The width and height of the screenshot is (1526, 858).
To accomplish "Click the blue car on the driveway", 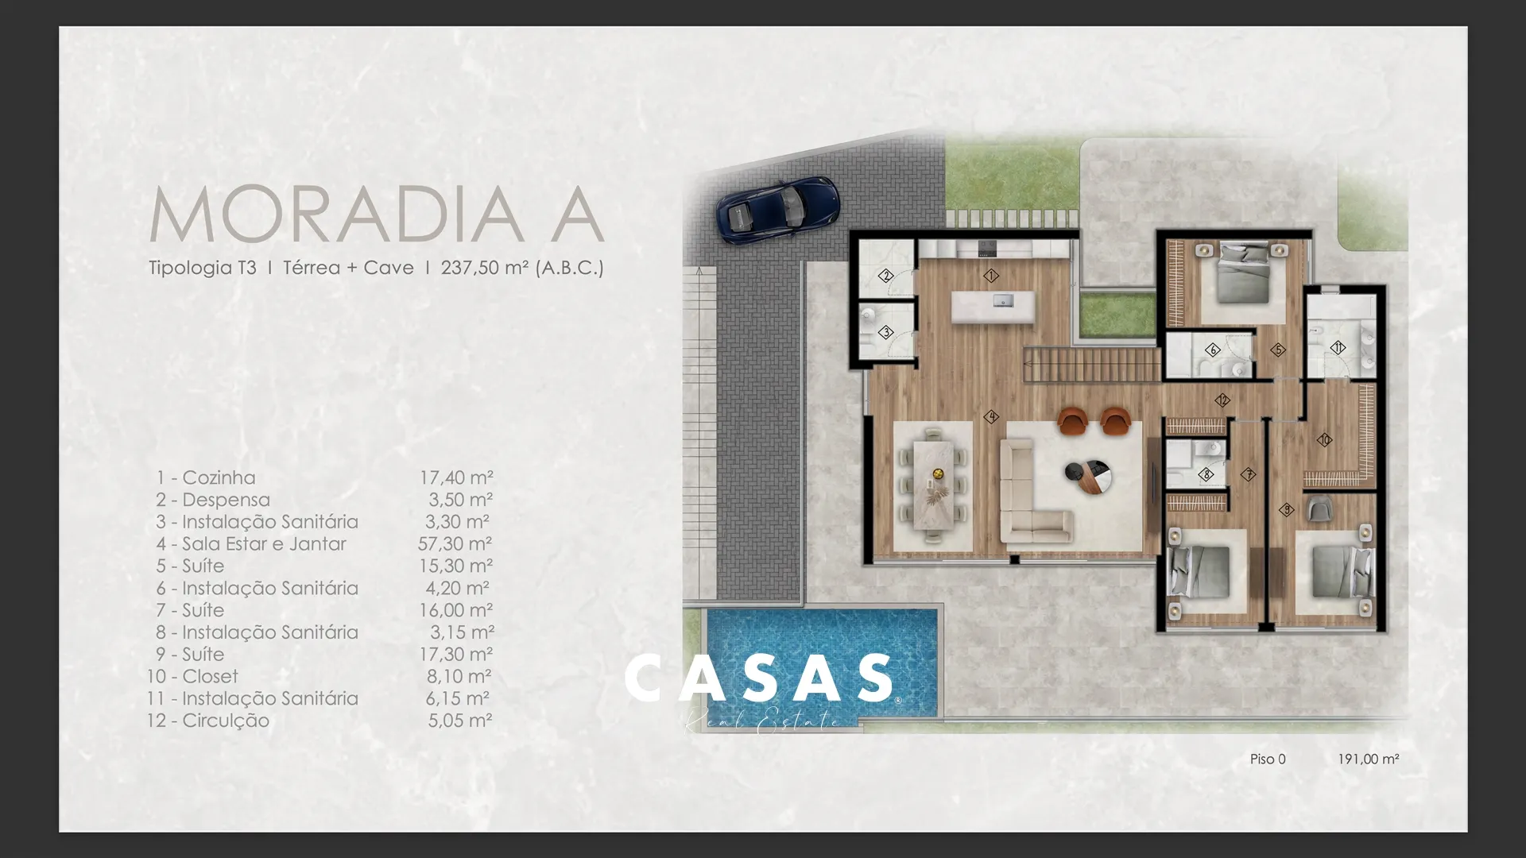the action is pos(777,208).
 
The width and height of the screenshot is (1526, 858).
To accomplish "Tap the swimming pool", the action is pos(821,662).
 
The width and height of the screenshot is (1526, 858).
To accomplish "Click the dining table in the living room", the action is pos(933,485).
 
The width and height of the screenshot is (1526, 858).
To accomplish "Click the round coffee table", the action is pos(1088,476).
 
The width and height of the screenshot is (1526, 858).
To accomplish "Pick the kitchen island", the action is pos(993,307).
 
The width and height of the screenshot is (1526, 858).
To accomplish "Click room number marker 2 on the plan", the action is pos(886,276).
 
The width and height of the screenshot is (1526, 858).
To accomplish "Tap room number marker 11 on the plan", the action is pos(1338,347).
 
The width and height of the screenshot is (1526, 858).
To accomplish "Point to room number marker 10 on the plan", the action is pos(1324,439).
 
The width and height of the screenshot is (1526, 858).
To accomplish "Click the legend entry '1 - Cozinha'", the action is pos(206,477).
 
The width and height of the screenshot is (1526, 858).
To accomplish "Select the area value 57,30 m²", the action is pos(455,543).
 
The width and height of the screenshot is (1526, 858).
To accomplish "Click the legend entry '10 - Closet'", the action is pos(192,676).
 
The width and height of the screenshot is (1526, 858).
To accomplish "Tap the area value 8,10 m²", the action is pos(459,676).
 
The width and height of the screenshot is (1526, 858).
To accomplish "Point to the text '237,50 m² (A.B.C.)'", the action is pos(522,268).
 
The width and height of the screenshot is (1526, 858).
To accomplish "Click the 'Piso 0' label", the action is pos(1268,759).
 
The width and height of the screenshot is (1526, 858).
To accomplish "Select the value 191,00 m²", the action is pos(1368,759).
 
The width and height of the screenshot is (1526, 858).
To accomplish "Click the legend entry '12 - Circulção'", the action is pos(208,721).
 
